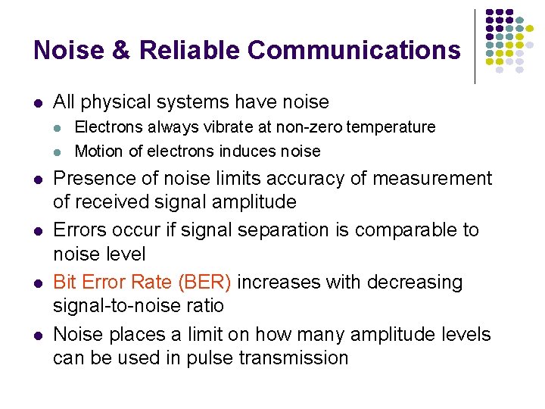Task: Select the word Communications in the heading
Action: click(353, 50)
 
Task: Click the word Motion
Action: click(99, 151)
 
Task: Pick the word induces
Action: click(249, 151)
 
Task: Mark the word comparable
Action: click(410, 230)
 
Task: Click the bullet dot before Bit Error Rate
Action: click(37, 283)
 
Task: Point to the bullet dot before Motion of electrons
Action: click(60, 151)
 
